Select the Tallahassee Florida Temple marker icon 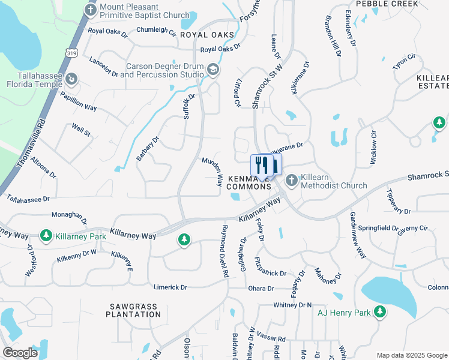[71, 79]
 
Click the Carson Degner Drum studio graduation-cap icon [212, 70]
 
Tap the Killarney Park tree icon [46, 236]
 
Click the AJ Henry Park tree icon [379, 311]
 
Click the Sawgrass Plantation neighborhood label [133, 310]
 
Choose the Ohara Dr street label [261, 289]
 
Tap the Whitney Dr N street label [292, 305]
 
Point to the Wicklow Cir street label [373, 147]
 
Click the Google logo [20, 353]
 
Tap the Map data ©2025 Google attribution [411, 355]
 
